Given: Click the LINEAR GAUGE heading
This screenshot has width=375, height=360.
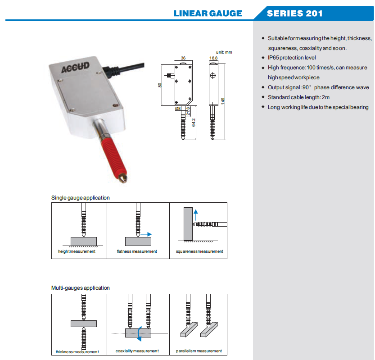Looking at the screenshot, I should (x=208, y=13).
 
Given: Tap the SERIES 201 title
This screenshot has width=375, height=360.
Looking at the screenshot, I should (x=294, y=13).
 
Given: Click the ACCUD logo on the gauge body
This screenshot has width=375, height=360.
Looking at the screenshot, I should (x=75, y=69).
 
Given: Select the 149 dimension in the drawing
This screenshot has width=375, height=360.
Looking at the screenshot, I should (x=222, y=101).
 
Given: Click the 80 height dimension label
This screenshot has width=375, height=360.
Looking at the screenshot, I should (x=161, y=85).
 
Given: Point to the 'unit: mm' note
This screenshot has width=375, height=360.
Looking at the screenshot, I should (x=224, y=52).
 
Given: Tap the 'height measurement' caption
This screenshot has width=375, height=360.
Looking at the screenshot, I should (x=77, y=251).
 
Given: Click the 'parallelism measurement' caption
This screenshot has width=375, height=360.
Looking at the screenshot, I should (x=199, y=351).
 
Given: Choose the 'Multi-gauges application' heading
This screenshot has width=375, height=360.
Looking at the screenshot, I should (x=80, y=288).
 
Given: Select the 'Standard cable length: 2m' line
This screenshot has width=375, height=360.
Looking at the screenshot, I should (x=298, y=97).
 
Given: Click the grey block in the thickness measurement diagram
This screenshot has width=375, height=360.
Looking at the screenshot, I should (x=84, y=323).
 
